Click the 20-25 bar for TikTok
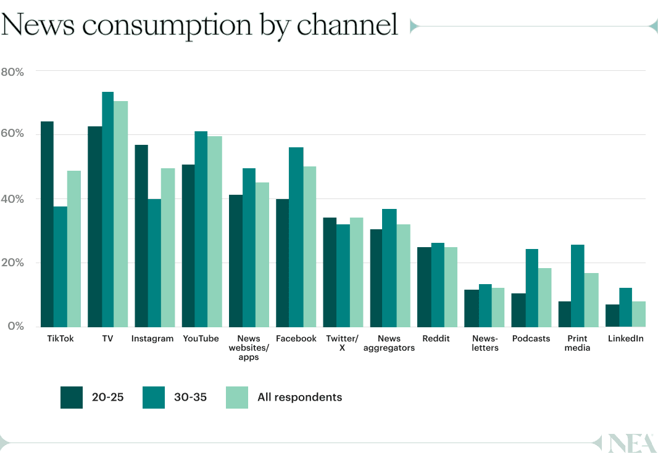pyautogui.click(x=47, y=224)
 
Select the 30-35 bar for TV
pyautogui.click(x=107, y=210)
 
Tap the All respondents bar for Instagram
pyautogui.click(x=168, y=248)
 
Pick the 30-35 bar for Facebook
pyautogui.click(x=296, y=237)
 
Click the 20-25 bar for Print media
pyautogui.click(x=564, y=314)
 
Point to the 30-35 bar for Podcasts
pyautogui.click(x=531, y=288)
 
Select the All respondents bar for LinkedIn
pyautogui.click(x=638, y=314)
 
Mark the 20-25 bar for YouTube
pyautogui.click(x=188, y=246)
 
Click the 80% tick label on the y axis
pyautogui.click(x=12, y=72)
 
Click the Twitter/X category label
pyautogui.click(x=341, y=343)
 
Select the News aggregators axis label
pyautogui.click(x=389, y=343)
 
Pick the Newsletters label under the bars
pyautogui.click(x=485, y=343)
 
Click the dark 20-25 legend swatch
pyautogui.click(x=72, y=398)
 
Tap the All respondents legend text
pyautogui.click(x=299, y=398)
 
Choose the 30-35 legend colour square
pyautogui.click(x=154, y=398)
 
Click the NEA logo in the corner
pyautogui.click(x=630, y=443)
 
